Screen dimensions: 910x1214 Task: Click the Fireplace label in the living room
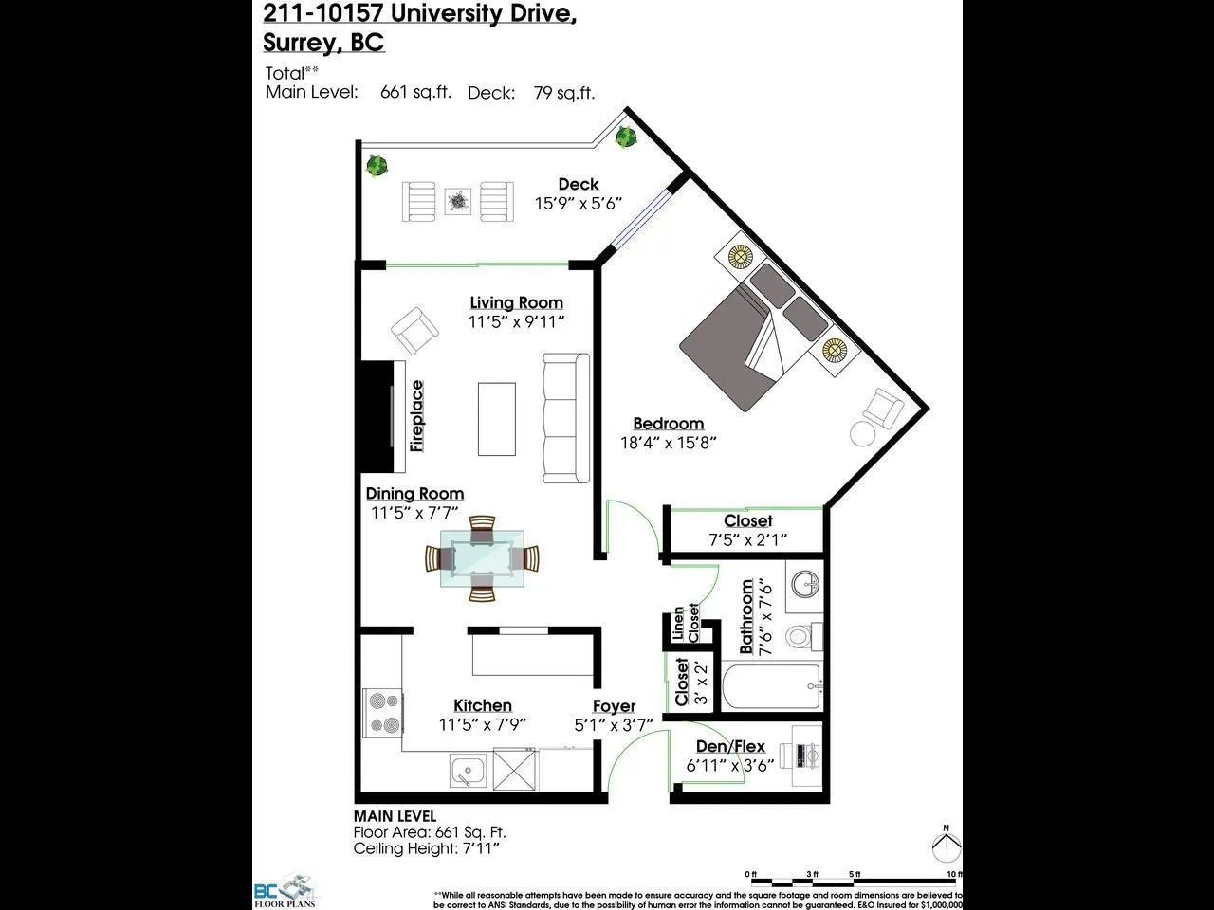[417, 415]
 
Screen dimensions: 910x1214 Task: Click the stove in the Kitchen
[383, 713]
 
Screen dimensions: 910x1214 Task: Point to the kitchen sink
[468, 771]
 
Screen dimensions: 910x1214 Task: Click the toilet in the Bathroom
[802, 635]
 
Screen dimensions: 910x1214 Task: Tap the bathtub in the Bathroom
[770, 687]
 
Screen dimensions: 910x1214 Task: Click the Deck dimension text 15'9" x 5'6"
[579, 203]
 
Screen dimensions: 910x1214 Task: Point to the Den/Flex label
[730, 746]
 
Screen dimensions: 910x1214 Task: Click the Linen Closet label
[685, 624]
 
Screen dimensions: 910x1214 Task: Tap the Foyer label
[614, 706]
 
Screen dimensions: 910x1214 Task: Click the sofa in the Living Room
[565, 417]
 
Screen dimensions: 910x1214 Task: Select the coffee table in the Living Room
[497, 418]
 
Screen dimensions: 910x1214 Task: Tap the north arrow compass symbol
[945, 846]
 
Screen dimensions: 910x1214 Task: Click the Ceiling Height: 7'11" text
[427, 848]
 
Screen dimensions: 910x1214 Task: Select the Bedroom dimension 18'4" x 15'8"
[668, 442]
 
